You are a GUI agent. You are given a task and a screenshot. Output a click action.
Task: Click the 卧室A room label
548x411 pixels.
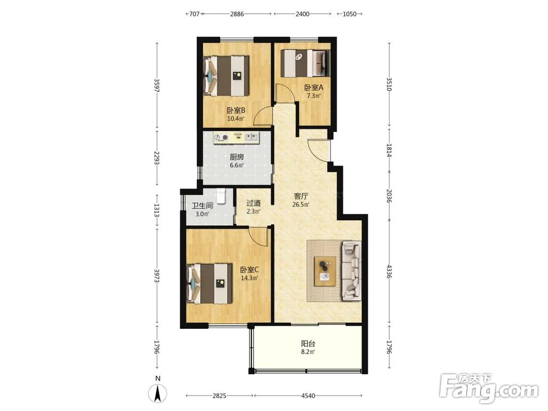[313, 87]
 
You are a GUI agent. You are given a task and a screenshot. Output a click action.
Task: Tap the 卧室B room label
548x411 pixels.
[236, 111]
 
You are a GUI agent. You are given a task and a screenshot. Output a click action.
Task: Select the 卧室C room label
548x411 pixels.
[249, 270]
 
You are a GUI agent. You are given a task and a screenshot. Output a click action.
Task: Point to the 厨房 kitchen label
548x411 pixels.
[237, 157]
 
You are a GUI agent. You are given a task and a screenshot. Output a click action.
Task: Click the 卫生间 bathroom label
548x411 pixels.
[202, 206]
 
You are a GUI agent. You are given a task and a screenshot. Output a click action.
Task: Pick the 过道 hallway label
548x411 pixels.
[253, 203]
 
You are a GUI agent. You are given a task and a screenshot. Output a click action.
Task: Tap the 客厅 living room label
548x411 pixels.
[300, 196]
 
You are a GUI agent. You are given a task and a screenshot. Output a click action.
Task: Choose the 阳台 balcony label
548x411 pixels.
[308, 344]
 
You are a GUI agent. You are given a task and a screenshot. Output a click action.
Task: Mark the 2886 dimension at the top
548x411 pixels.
[237, 14]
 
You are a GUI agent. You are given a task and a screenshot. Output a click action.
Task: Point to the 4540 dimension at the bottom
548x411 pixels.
[308, 396]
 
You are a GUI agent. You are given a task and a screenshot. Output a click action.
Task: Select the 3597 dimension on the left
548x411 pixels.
[157, 85]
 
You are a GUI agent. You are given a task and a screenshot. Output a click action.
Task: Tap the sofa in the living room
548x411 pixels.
[351, 271]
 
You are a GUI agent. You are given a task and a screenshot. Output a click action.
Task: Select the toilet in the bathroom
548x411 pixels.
[221, 196]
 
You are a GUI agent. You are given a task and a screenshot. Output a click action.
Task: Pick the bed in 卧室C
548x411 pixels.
[210, 283]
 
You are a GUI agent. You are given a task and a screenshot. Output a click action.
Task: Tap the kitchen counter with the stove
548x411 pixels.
[236, 138]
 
